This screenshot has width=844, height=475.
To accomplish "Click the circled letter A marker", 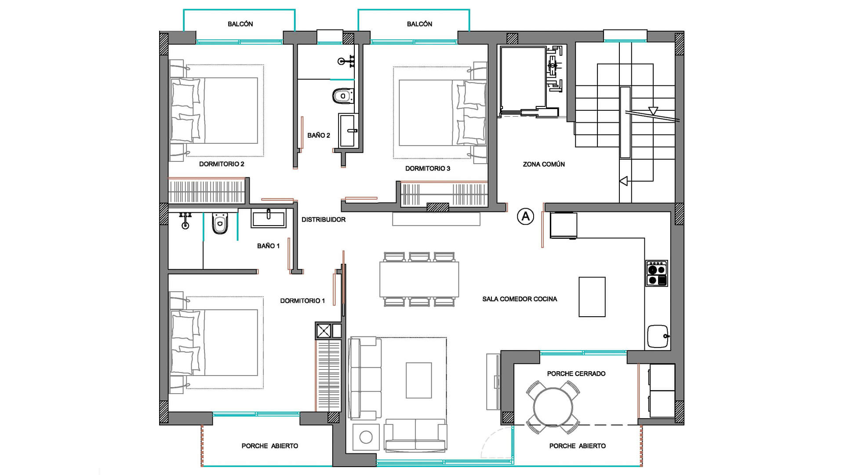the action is point(525,216).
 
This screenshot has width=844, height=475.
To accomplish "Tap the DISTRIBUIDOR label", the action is point(324,219).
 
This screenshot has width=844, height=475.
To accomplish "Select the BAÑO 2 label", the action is point(319,135).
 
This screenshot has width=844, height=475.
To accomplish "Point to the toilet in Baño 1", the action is point(220,223).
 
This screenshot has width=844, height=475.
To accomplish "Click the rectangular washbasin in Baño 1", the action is point(269,218).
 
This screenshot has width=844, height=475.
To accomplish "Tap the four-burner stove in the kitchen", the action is point(657,273).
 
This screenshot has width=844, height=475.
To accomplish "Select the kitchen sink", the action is point(658,336).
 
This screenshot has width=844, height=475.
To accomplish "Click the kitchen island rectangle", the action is point(592,297).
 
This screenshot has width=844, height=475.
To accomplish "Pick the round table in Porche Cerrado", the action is point(553,407).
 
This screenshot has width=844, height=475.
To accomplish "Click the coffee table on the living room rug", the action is point(419,380).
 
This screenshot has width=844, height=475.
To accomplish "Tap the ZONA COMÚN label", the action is point(544,164).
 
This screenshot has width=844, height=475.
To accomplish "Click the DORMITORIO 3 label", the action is point(428,168).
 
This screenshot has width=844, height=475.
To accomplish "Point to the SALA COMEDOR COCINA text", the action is point(520,299).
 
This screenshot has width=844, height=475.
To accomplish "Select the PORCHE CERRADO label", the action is point(576,373).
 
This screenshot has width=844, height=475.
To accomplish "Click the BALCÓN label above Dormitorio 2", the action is point(240,24).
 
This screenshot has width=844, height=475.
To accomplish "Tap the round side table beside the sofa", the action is point(366,437).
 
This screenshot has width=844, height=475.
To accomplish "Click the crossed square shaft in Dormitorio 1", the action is point(324,330).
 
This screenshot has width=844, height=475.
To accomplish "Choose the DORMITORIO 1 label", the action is point(302,301).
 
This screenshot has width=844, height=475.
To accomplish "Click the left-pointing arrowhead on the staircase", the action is point(623,181).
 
